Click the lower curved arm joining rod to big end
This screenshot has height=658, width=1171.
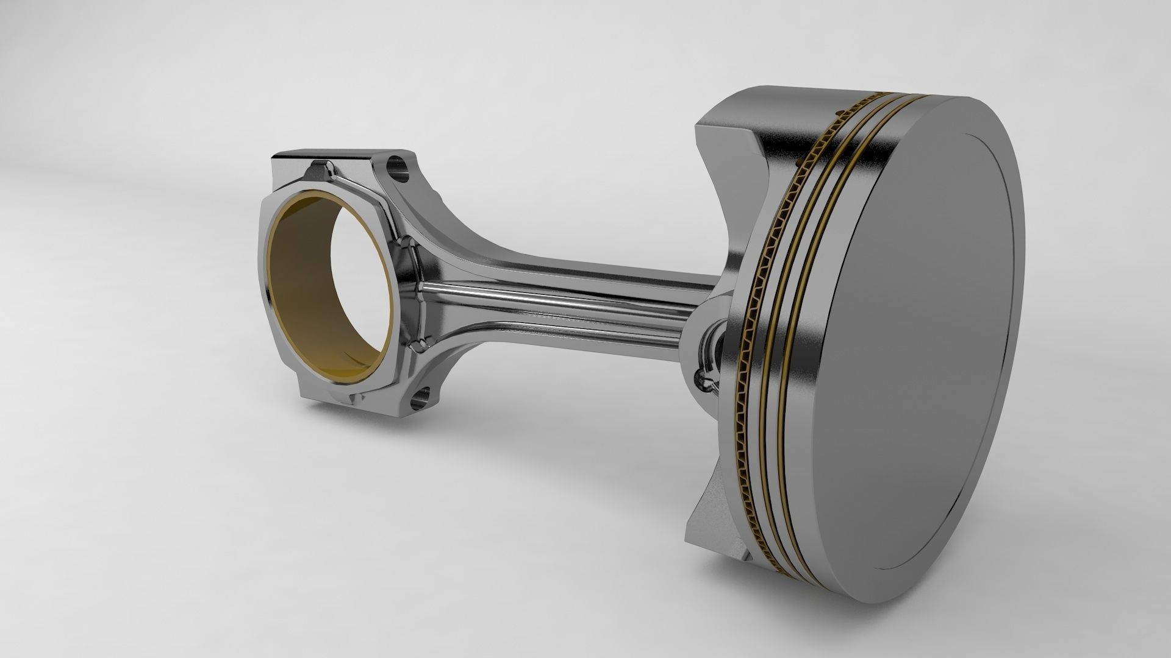(448, 359)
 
